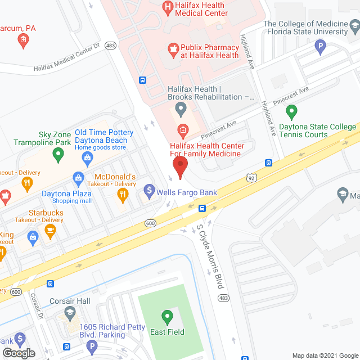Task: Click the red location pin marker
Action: click(179, 166)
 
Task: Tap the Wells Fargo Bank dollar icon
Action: click(149, 191)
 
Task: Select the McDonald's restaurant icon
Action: click(123, 195)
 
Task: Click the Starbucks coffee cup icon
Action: click(50, 230)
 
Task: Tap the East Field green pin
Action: click(166, 317)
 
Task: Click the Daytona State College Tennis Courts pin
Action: click(291, 112)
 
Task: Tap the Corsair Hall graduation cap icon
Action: click(69, 312)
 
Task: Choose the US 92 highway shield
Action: click(251, 178)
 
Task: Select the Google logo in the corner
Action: click(18, 353)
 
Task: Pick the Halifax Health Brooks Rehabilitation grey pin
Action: click(181, 107)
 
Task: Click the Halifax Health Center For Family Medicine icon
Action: click(182, 131)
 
